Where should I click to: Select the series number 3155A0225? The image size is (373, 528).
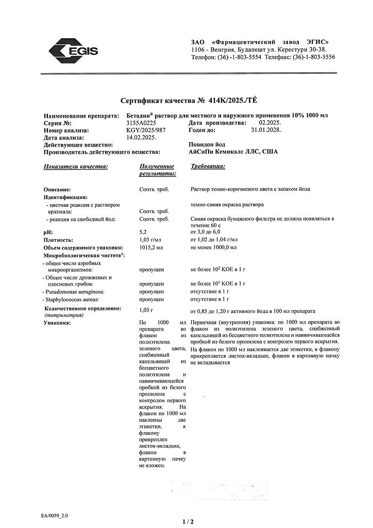[x=156, y=124]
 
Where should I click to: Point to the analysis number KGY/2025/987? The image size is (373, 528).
[x=157, y=131]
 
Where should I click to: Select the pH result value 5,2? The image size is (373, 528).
[x=144, y=233]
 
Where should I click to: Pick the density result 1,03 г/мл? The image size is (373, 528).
[x=150, y=240]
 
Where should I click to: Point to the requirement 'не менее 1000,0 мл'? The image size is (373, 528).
[x=213, y=247]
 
